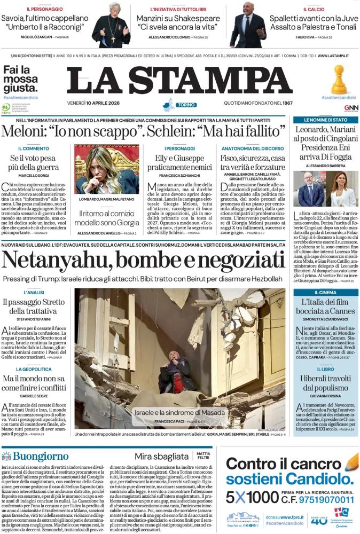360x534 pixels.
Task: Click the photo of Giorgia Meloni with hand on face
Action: (107, 169)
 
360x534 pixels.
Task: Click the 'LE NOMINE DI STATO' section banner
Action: (325, 120)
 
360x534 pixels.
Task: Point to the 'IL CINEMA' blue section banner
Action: (325, 293)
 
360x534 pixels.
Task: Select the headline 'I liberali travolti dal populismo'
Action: (325, 383)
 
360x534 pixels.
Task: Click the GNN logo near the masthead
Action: (351, 107)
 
